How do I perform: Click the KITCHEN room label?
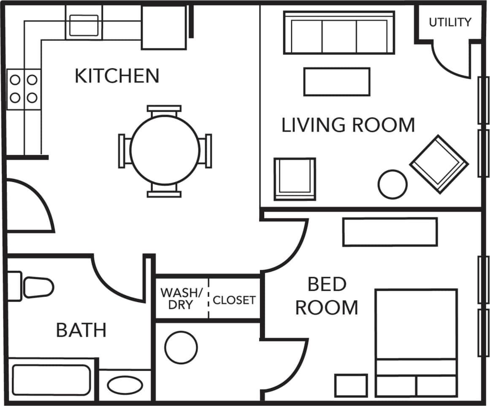(x=117, y=76)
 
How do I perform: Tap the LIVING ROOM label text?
(x=348, y=125)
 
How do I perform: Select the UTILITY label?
(x=450, y=22)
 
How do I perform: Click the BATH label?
(x=81, y=330)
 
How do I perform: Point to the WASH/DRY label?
(x=182, y=298)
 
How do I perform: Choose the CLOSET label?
(x=234, y=300)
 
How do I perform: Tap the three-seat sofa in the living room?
(x=339, y=33)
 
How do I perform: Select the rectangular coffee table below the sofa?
(x=337, y=82)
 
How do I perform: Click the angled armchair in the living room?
(x=439, y=164)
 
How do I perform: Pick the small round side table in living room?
(x=393, y=184)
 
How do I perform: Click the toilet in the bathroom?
(x=34, y=287)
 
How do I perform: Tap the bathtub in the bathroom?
(x=51, y=379)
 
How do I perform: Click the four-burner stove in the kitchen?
(x=24, y=89)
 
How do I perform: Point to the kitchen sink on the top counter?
(x=84, y=24)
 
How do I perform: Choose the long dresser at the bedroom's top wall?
(x=390, y=231)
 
